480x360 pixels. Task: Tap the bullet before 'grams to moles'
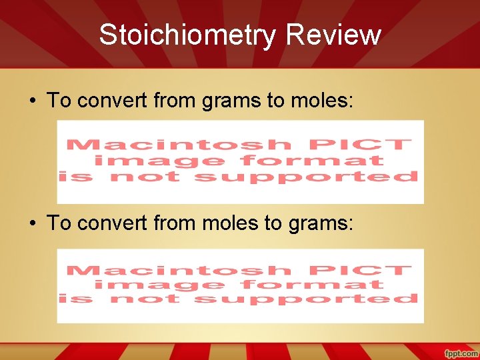coord(32,101)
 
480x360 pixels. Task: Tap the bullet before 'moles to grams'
coord(32,223)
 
